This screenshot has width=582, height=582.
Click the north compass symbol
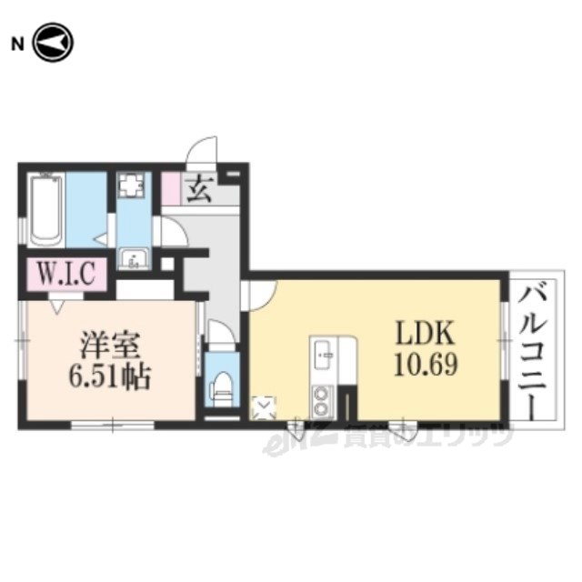pos(53,43)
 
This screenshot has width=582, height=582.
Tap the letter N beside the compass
pos(17,45)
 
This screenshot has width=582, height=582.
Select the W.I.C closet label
pos(66,273)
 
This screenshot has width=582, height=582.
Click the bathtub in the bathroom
pos(45,210)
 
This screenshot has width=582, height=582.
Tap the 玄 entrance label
pos(200,189)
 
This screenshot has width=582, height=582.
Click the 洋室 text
pos(110,346)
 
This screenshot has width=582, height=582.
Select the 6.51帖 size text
pos(110,376)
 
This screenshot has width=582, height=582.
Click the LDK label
pos(426,333)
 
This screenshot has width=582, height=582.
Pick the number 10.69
pos(426,364)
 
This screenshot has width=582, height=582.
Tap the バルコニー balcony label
pos(533,353)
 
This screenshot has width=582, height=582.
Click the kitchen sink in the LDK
pos(324,356)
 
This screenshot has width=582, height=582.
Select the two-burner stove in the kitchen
pos(323,402)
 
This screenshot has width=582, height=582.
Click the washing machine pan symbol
pos(129,185)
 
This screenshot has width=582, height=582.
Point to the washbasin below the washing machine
pos(134,258)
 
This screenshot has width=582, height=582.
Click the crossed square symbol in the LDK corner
pos(264,408)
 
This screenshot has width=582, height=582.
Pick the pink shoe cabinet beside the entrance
pos(172,189)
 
